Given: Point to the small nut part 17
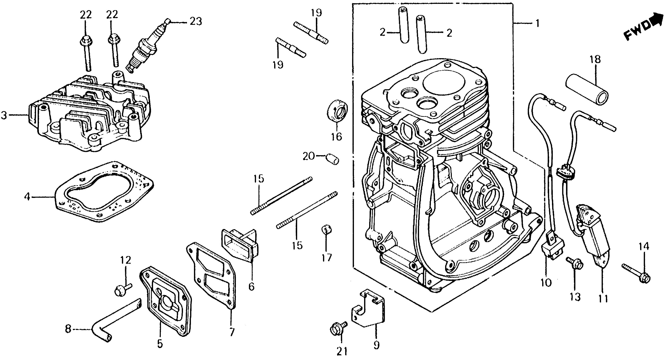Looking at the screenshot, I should (326, 229).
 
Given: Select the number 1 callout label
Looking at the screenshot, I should (537, 24).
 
